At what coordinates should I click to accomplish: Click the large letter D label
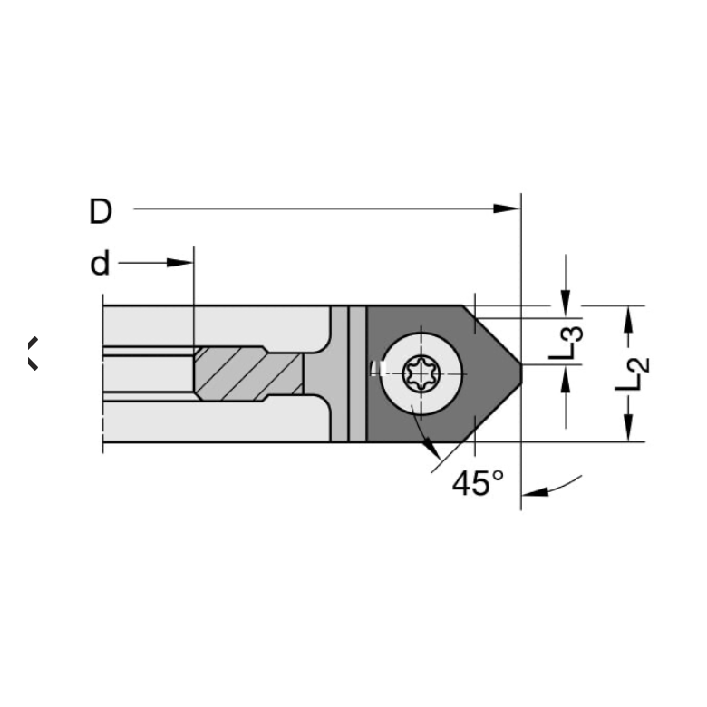click(x=101, y=211)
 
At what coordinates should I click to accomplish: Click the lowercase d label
click(x=100, y=264)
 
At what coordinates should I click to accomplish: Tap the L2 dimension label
click(x=633, y=373)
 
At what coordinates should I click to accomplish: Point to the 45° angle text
click(x=478, y=483)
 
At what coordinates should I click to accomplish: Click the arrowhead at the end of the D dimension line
click(x=507, y=208)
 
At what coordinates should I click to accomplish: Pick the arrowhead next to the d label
click(x=179, y=263)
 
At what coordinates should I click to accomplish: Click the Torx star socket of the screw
click(x=421, y=373)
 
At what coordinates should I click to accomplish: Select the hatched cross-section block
click(x=248, y=373)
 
